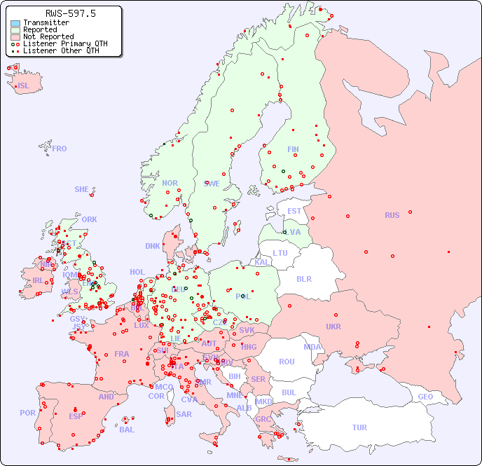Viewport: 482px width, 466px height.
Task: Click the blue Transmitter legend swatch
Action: click(15, 23)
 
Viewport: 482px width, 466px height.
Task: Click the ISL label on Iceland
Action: click(24, 86)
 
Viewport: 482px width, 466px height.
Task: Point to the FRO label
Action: click(60, 149)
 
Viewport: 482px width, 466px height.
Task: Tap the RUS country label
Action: click(392, 215)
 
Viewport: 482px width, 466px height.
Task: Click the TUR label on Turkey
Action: click(359, 427)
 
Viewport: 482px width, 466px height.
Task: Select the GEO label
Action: click(425, 397)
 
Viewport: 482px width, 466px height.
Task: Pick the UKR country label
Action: click(333, 327)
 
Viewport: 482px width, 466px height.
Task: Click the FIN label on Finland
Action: click(293, 149)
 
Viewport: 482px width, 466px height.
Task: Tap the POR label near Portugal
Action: click(27, 413)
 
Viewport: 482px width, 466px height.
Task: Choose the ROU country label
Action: click(287, 362)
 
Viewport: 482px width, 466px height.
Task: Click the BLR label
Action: click(303, 278)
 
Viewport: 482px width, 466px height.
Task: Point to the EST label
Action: click(294, 211)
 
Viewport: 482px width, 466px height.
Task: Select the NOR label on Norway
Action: click(170, 183)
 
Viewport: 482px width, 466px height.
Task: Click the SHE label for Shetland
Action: click(82, 189)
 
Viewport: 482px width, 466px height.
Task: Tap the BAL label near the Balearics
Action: click(126, 430)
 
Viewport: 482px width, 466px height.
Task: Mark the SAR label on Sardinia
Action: click(184, 413)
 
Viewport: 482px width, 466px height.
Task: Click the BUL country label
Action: click(289, 392)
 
